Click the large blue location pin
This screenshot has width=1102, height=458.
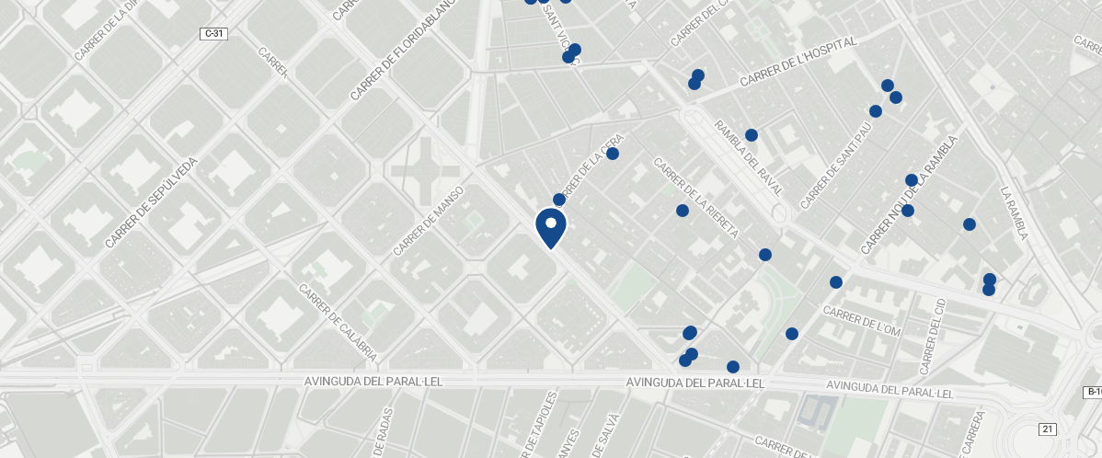(x=550, y=226)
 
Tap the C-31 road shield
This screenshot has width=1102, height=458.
(x=213, y=34)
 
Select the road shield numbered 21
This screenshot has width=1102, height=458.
(x=1048, y=429)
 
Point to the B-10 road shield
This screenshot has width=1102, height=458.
(x=1093, y=393)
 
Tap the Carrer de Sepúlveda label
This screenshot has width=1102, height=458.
(x=151, y=202)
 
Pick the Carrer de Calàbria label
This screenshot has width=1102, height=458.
(x=338, y=321)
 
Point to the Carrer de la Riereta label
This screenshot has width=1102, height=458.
(x=696, y=198)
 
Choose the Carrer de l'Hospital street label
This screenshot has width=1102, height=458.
(x=798, y=62)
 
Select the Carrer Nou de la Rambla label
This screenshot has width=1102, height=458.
(x=910, y=195)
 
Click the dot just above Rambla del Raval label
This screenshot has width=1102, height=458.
(x=752, y=135)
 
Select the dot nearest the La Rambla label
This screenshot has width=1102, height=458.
(x=969, y=224)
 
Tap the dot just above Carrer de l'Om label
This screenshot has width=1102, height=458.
(x=836, y=282)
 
